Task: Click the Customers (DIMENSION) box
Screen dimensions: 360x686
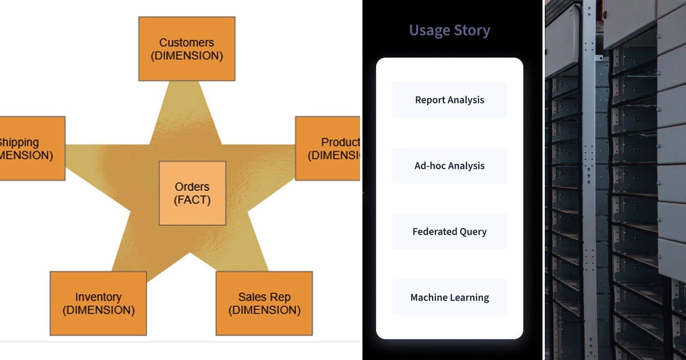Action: (x=186, y=49)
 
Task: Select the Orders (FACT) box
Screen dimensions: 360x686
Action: (x=192, y=193)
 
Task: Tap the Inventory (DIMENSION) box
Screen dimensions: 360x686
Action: (x=98, y=303)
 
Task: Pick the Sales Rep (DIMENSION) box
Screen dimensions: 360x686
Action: (x=264, y=303)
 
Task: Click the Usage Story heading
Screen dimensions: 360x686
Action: (x=449, y=30)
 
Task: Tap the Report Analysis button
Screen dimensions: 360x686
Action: (x=449, y=100)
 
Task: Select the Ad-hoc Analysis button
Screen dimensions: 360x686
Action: (x=449, y=166)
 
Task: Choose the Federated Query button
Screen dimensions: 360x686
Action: (x=449, y=231)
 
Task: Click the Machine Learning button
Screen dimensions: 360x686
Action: (x=449, y=297)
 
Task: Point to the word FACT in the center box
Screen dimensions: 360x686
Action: (x=192, y=201)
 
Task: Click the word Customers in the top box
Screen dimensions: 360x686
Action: (x=186, y=42)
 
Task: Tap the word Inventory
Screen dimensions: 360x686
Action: (x=98, y=297)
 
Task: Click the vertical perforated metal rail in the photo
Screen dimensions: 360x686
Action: (x=589, y=171)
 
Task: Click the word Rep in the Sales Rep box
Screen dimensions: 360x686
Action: (x=281, y=297)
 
